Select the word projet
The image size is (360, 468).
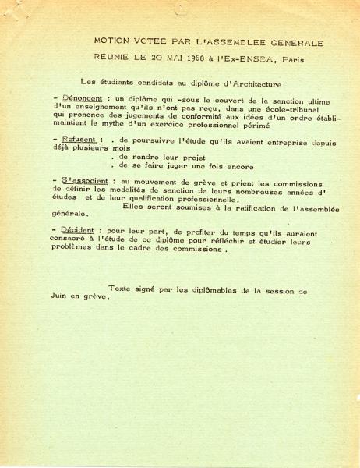(x=177, y=156)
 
